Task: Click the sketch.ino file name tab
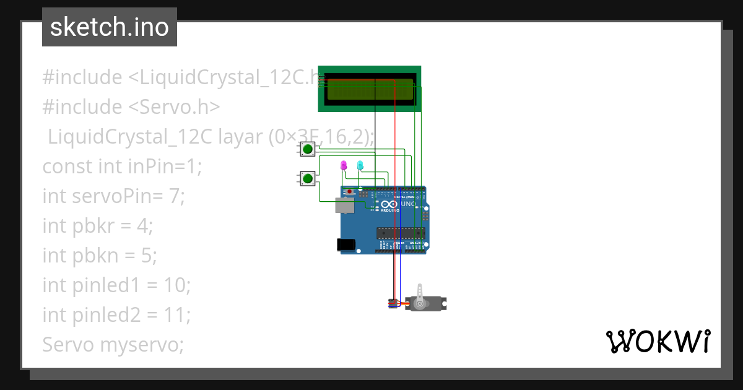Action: [110, 27]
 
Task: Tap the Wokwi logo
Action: [658, 341]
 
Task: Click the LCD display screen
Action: [370, 89]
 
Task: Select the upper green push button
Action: [308, 149]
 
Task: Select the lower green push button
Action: [308, 179]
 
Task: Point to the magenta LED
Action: [344, 165]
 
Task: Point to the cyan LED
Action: [360, 165]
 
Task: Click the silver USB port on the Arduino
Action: [345, 205]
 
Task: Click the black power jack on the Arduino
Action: [347, 245]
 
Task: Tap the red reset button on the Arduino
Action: [350, 192]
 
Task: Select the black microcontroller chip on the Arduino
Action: [401, 233]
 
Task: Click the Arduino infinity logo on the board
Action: [389, 204]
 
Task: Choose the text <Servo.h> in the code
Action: [175, 107]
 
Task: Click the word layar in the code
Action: [240, 137]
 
